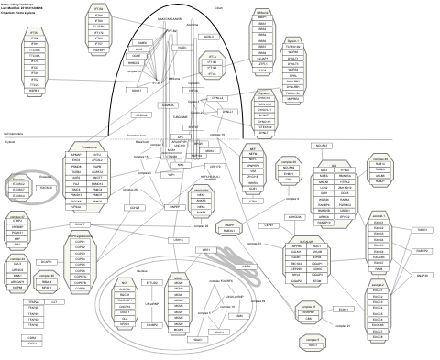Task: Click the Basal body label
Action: pos(143,142)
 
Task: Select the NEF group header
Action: pos(253,147)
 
